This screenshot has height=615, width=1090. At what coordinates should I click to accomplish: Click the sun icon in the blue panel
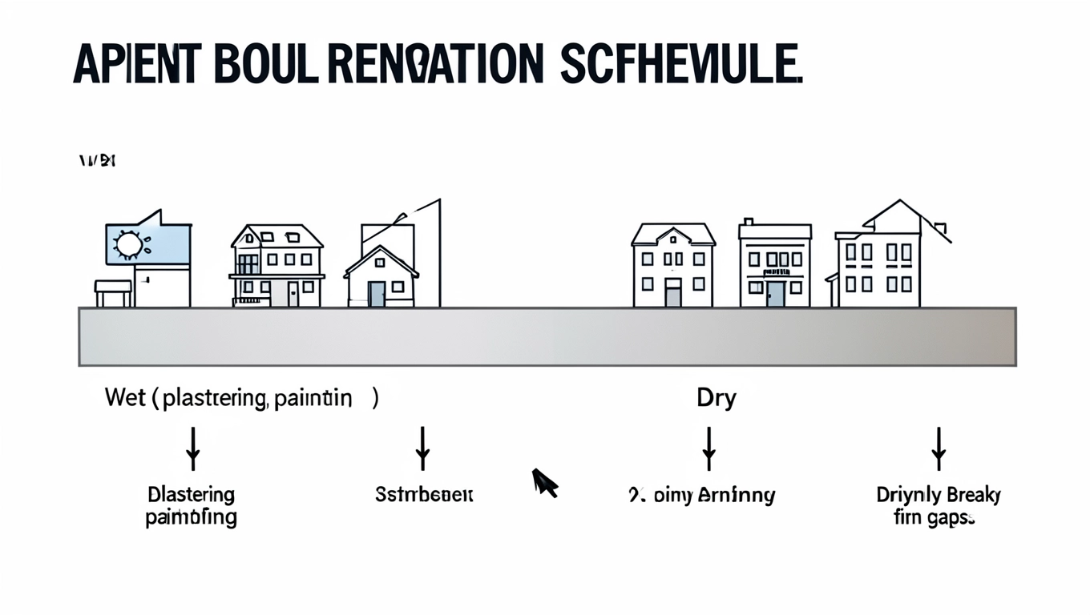[x=129, y=244]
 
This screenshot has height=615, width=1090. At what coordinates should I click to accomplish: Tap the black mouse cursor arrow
[x=545, y=483]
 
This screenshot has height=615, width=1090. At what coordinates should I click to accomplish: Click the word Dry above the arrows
[x=716, y=398]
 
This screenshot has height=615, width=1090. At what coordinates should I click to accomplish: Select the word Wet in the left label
[x=125, y=398]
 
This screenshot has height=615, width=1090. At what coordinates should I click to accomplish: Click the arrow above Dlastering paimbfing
[x=192, y=448]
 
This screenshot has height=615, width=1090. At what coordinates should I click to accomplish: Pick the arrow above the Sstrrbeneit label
[x=423, y=448]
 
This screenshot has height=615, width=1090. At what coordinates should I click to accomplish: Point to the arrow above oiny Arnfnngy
[x=708, y=448]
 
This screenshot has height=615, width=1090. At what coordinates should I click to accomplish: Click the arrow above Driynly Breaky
[x=939, y=448]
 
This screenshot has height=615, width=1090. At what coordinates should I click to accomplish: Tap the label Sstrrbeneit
[x=424, y=495]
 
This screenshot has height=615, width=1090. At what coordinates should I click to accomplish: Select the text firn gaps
[x=935, y=518]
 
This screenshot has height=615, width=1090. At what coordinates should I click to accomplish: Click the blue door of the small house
[x=377, y=294]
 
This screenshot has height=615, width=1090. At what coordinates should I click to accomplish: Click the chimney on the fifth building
[x=748, y=222]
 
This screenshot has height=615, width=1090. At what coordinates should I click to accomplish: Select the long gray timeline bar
[x=547, y=336]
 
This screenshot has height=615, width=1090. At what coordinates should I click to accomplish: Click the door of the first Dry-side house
[x=672, y=292]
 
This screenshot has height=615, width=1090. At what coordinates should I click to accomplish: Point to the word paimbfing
[x=191, y=518]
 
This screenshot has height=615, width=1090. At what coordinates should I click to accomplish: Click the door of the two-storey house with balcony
[x=293, y=293]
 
